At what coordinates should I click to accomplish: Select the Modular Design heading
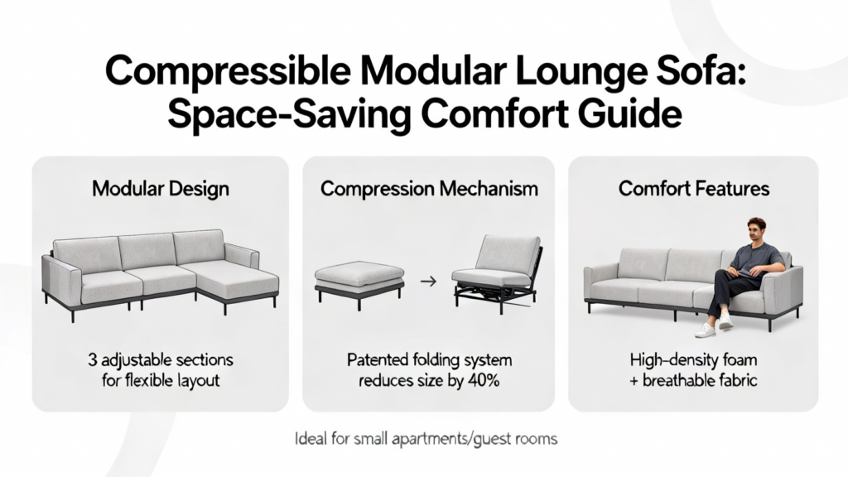coord(160,190)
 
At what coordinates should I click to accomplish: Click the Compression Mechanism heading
coord(429,190)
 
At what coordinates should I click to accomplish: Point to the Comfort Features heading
coord(694,189)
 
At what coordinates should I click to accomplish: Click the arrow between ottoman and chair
coord(428,282)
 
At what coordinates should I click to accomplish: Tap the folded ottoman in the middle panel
coord(359,282)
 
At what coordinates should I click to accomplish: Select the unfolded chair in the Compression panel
coord(498,274)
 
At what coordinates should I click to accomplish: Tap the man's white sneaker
coord(709,330)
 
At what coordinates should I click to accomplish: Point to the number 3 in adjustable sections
coord(93,360)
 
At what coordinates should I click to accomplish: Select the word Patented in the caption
coord(377,360)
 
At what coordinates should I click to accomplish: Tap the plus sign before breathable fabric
coord(634,381)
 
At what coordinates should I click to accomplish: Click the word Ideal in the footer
coord(311,438)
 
